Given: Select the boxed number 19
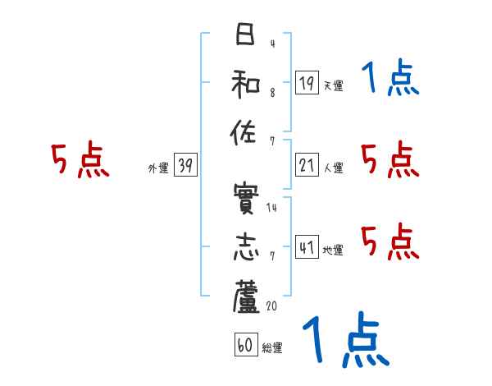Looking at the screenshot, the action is [x=306, y=82].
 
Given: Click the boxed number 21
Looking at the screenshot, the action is [x=306, y=165].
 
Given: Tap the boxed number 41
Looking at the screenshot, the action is [x=306, y=246].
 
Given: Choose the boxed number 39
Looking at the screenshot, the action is [x=186, y=165].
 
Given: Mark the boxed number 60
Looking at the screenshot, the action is [x=245, y=346].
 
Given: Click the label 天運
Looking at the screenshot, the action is [x=333, y=85].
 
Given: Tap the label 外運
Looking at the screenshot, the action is [x=157, y=168].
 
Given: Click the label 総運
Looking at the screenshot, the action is [x=272, y=348].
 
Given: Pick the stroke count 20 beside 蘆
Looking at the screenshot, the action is [x=273, y=306].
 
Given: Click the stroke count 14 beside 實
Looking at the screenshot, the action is [x=271, y=208].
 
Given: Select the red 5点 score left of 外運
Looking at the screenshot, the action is [x=79, y=160].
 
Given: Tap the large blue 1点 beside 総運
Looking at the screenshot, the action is [x=344, y=341].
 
